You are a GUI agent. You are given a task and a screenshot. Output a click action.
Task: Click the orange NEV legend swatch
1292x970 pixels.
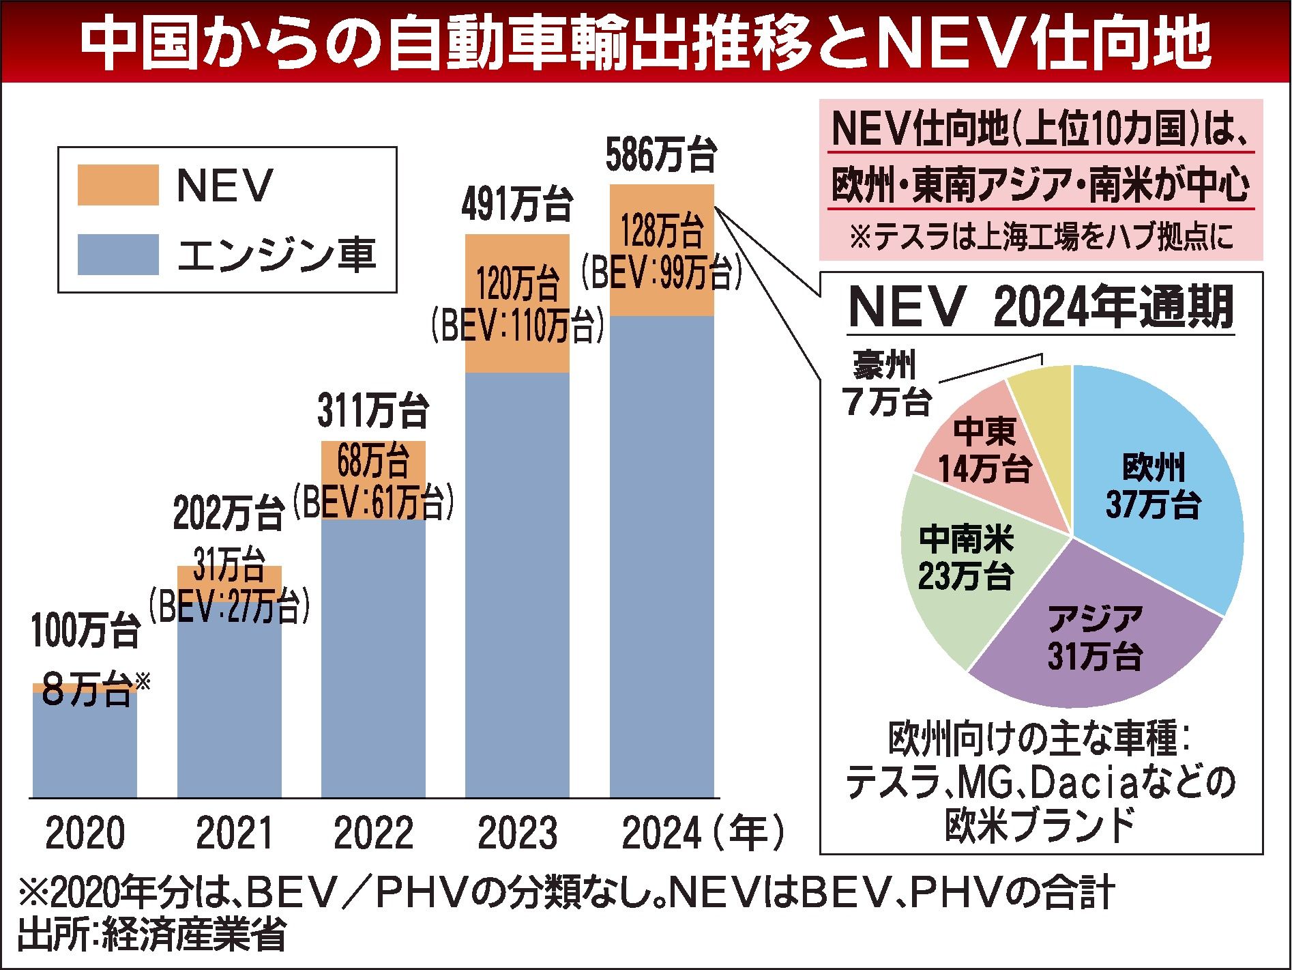coord(118,184)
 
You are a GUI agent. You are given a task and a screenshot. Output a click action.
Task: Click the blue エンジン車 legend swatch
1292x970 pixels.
coord(118,255)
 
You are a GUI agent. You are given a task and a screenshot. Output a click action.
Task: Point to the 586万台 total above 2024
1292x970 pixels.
coord(661,155)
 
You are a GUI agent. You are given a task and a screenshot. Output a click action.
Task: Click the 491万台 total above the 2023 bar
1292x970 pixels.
coord(516,205)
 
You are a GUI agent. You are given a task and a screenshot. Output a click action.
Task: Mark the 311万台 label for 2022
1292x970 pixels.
coord(373,412)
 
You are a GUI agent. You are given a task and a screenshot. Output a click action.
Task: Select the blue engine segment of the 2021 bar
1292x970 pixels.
coord(229,703)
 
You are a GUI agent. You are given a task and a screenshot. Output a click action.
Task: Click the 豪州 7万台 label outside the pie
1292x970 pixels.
coord(887,385)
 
